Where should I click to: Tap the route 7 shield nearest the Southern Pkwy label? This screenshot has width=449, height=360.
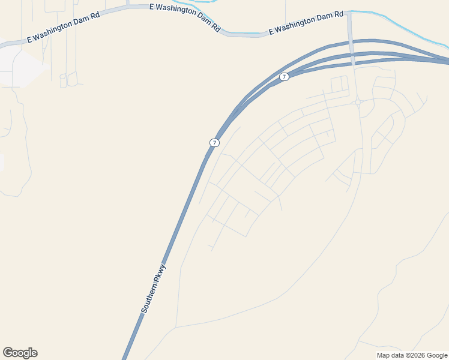click(x=214, y=143)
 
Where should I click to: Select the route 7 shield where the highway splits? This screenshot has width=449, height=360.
click(x=284, y=76)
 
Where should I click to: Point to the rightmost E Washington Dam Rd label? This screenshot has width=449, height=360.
click(x=306, y=22)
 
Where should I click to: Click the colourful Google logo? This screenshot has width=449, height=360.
click(x=20, y=353)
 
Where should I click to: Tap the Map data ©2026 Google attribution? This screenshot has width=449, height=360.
click(x=412, y=355)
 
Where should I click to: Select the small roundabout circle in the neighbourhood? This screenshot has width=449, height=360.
click(x=358, y=103)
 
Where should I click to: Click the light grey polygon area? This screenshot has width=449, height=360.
click(x=21, y=66)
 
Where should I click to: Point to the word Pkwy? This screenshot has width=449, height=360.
click(x=160, y=278)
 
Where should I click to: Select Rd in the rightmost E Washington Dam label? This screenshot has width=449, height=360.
click(x=339, y=14)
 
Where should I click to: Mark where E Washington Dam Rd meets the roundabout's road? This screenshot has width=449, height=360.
click(x=349, y=13)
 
